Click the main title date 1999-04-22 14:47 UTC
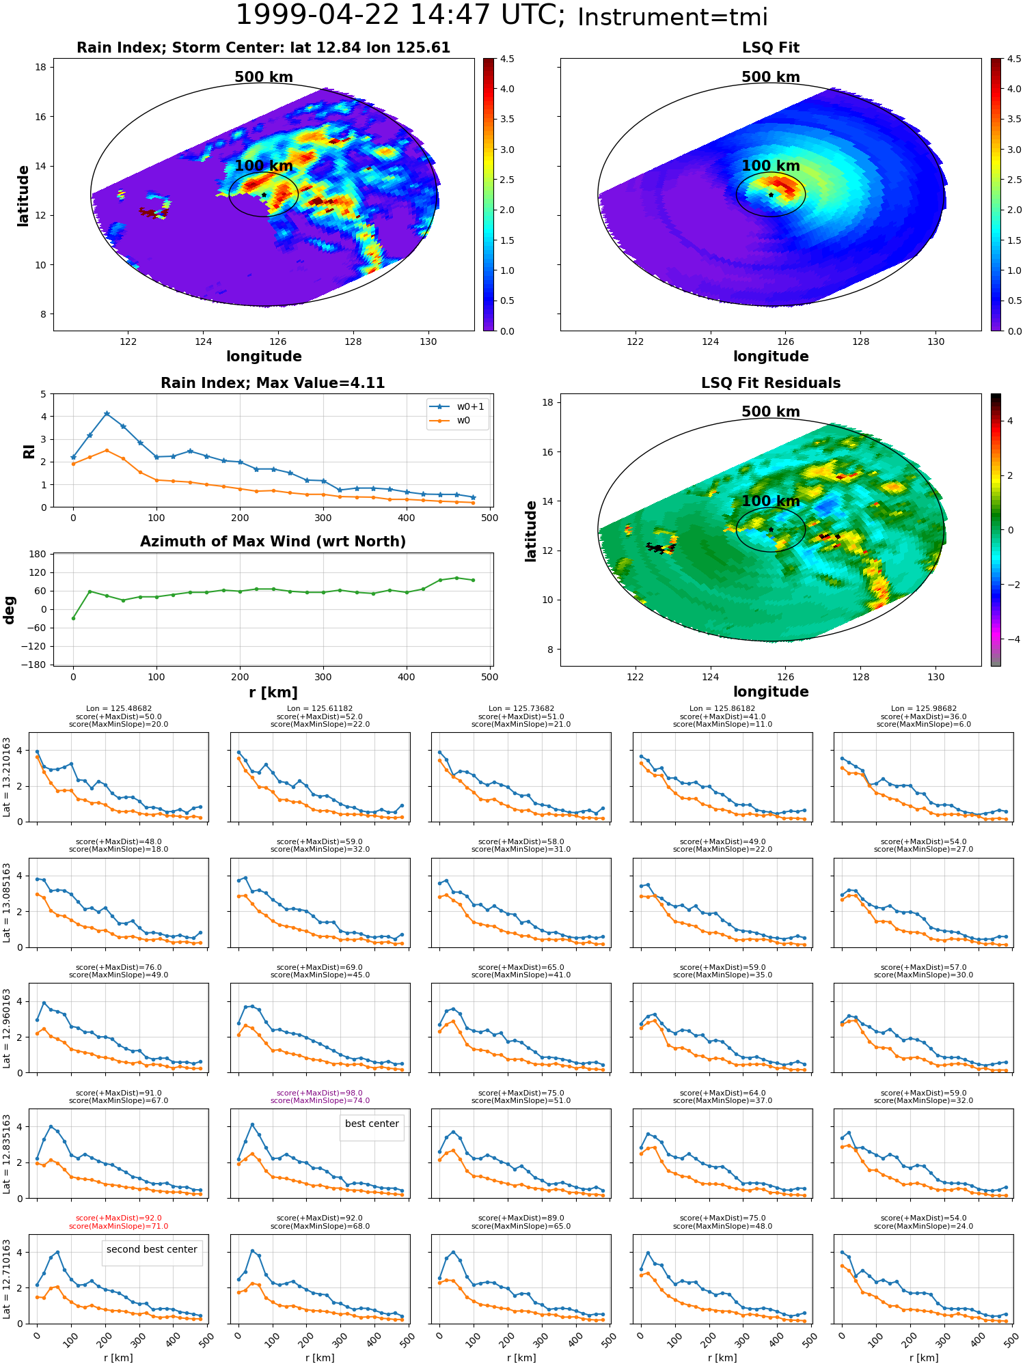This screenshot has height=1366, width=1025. [x=400, y=16]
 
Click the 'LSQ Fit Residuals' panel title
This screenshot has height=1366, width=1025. [x=771, y=383]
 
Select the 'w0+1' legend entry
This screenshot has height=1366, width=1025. [x=457, y=407]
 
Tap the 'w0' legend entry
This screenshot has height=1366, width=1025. [x=451, y=421]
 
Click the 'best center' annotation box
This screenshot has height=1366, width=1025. [x=372, y=1124]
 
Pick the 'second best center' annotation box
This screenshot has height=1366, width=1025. [x=152, y=1249]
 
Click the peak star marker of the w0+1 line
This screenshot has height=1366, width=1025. [x=107, y=414]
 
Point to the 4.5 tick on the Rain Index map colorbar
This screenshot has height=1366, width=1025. [x=507, y=59]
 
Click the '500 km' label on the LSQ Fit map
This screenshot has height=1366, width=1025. [x=771, y=77]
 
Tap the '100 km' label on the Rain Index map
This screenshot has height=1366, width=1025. [x=264, y=166]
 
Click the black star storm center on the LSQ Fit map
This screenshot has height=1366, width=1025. [x=771, y=195]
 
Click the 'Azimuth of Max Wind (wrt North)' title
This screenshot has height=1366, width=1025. [x=273, y=542]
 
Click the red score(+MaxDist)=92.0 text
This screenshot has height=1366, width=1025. [x=119, y=1218]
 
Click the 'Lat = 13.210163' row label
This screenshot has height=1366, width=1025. [x=7, y=777]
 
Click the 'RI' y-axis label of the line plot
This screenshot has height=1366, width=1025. [x=29, y=451]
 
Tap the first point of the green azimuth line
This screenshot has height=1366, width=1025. [x=73, y=618]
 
